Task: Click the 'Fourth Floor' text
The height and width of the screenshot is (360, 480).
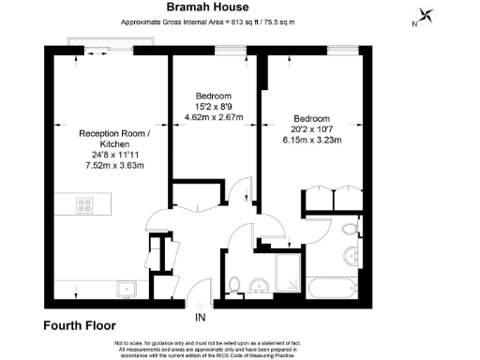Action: pyautogui.click(x=79, y=326)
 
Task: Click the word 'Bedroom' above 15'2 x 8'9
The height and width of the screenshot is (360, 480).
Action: pyautogui.click(x=214, y=96)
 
